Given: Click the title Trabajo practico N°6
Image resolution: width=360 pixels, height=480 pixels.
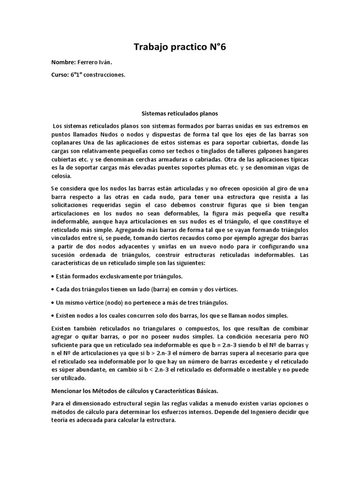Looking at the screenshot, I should [180, 47].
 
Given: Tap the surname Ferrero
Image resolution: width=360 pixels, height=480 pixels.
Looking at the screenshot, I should [90, 62].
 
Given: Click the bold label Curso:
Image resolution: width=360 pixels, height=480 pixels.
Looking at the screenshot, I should [61, 74].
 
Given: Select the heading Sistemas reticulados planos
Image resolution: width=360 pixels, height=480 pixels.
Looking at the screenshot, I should [180, 113].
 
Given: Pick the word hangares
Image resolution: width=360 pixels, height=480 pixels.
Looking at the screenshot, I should [293, 150].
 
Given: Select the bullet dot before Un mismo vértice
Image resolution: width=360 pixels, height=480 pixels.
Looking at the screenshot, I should [52, 303].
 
